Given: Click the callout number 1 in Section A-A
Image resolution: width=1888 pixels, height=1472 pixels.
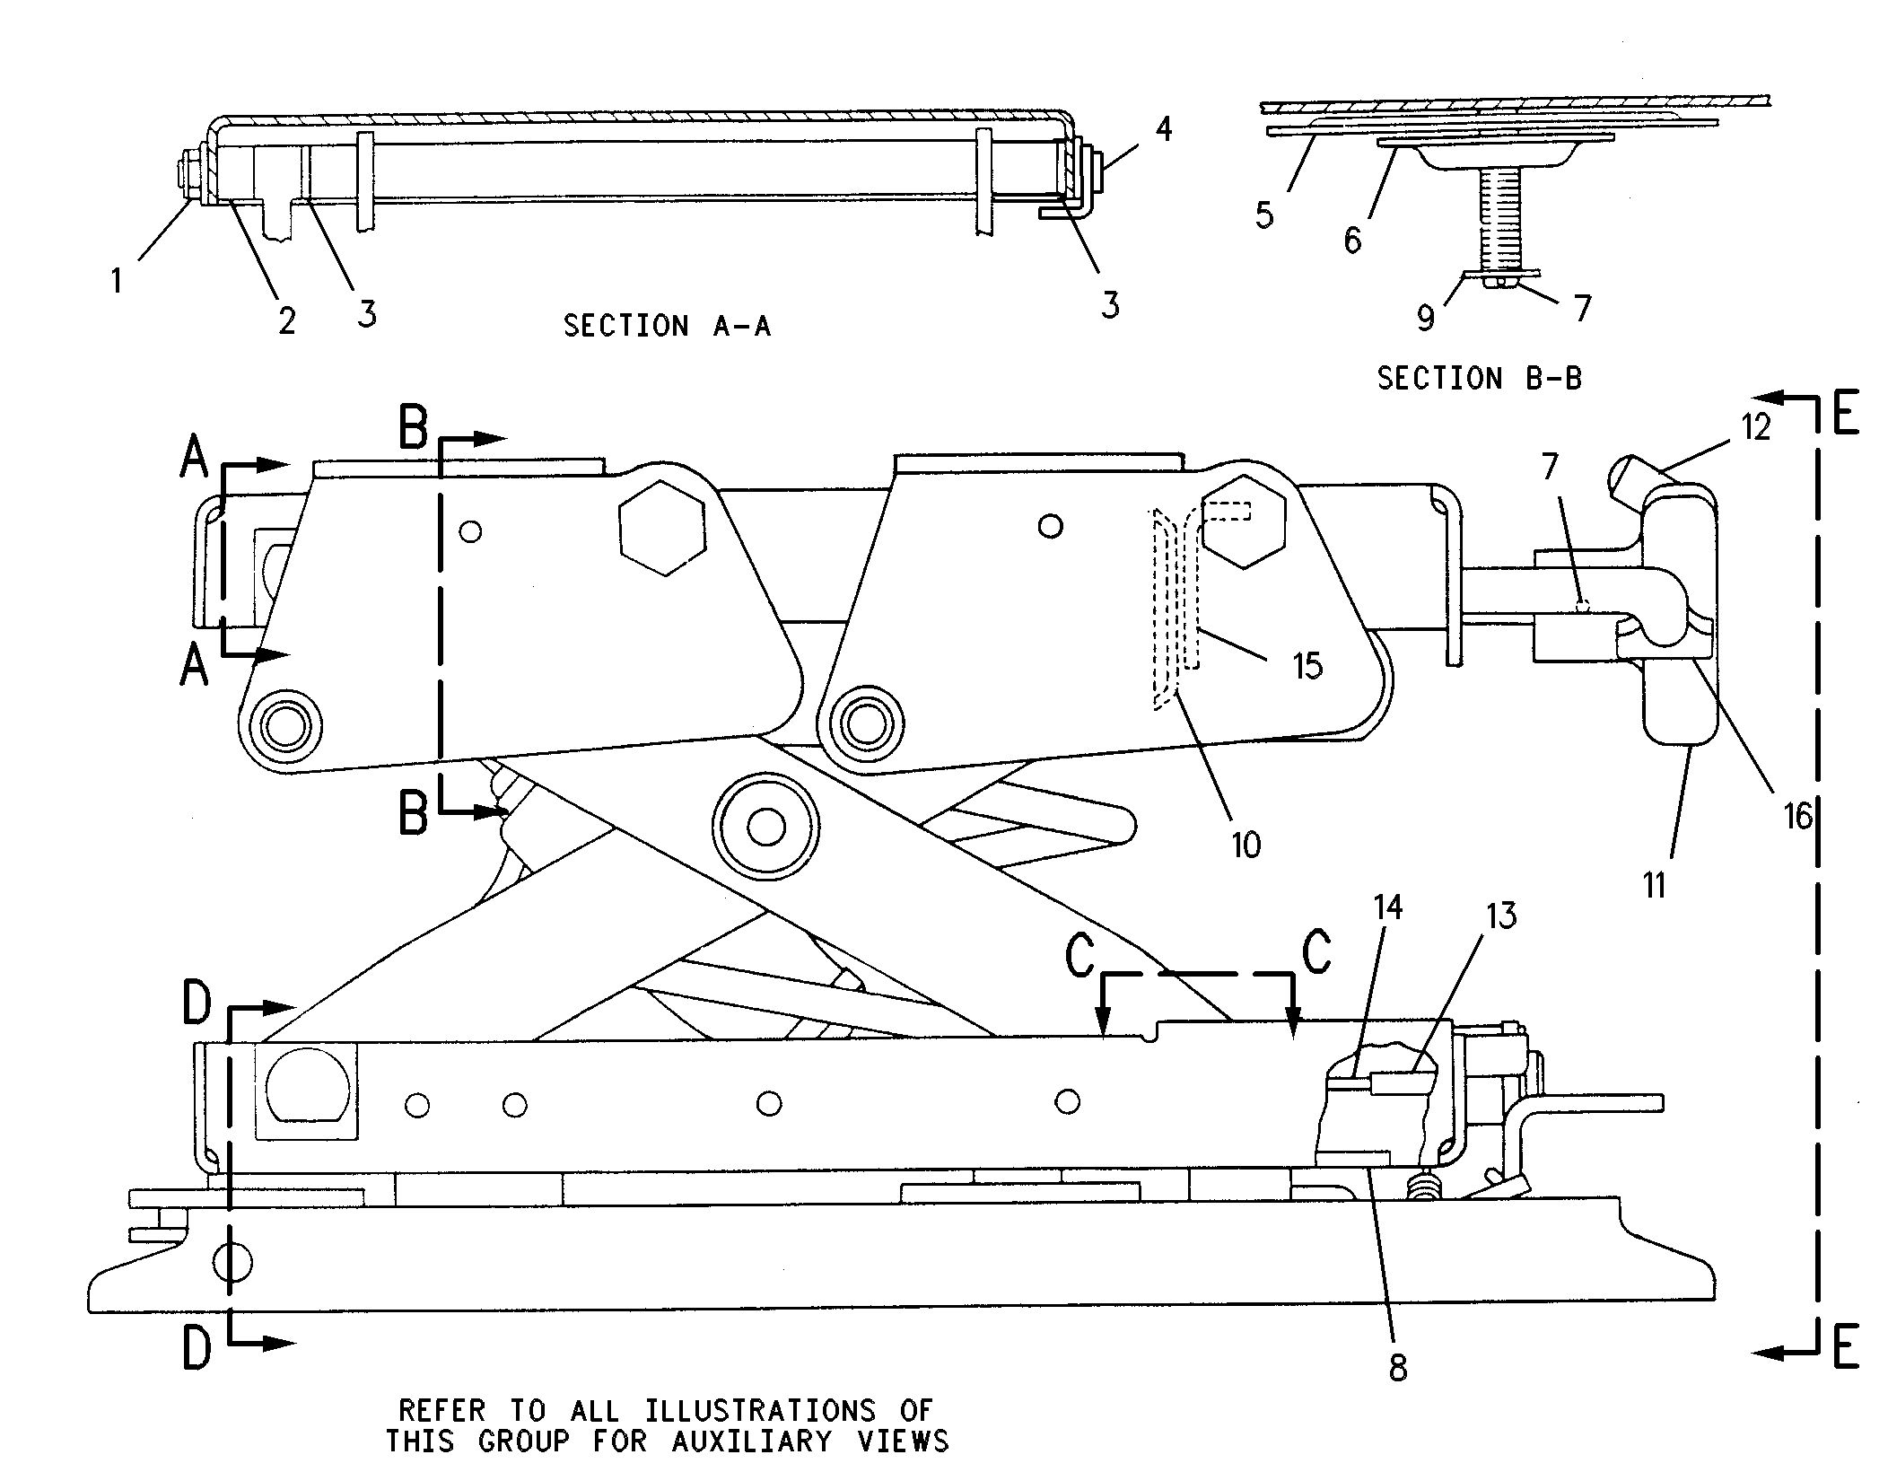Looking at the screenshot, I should (117, 281).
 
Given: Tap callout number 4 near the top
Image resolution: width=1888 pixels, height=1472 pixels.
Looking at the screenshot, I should (1163, 129).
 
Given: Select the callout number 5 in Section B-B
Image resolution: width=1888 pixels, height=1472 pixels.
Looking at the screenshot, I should (1264, 215).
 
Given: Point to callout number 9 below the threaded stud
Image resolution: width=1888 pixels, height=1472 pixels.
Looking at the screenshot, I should (1426, 317).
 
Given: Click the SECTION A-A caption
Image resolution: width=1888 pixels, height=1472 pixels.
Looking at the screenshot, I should (667, 325).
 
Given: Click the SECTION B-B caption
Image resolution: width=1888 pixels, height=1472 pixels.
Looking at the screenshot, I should (1480, 378).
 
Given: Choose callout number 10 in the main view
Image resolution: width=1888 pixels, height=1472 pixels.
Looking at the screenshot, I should (1246, 844).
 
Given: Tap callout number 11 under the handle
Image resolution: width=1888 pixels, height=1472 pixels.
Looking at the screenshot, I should (1655, 886).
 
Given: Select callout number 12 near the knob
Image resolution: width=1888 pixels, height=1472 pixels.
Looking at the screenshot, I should (1755, 428).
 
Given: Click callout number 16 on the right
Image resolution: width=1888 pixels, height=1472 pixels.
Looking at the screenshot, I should (1797, 816).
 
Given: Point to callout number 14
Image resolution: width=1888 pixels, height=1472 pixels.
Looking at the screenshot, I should (1387, 907).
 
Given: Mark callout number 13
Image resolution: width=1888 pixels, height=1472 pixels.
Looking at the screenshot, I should (1501, 916).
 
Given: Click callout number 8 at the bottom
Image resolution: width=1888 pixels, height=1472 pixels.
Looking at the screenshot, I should (1398, 1368).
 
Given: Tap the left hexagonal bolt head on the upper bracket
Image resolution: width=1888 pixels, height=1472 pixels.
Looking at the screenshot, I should (662, 531).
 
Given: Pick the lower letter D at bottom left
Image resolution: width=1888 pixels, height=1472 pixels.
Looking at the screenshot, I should (197, 1348).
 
